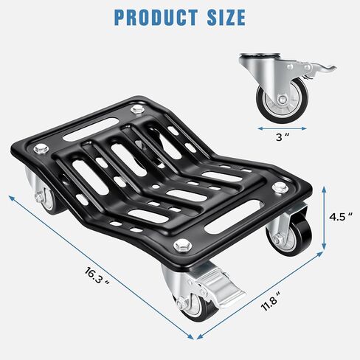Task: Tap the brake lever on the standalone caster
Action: pos(320,69)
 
